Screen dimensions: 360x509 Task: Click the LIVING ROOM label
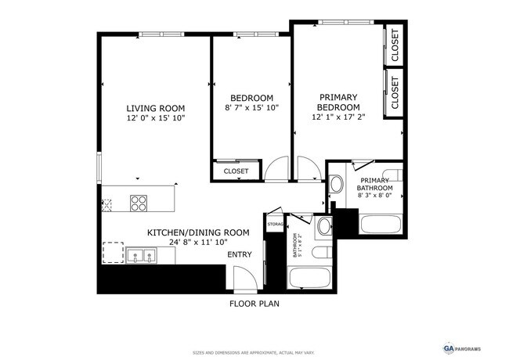pos(156,108)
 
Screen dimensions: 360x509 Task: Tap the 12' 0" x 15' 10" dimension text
pos(156,118)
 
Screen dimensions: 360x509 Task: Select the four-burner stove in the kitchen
pos(138,203)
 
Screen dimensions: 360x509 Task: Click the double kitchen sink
pos(141,254)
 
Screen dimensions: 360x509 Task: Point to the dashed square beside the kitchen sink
pos(114,253)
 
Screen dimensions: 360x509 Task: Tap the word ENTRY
pos(240,254)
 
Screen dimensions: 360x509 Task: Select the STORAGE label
pos(275,225)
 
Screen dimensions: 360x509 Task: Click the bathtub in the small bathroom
pos(309,277)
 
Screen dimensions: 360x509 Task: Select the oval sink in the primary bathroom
pos(336,185)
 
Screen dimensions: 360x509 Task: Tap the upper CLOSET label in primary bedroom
pos(395,45)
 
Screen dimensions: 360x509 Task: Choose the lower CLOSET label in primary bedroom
pos(395,92)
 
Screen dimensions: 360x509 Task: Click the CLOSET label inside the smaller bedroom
pos(236,171)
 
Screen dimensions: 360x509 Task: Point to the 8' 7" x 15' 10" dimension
pos(251,108)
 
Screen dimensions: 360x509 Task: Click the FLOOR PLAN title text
pos(254,304)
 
